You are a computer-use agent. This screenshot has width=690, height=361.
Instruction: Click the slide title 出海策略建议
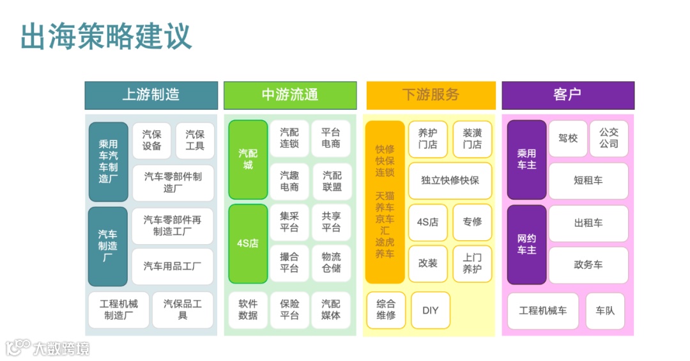pyautogui.click(x=106, y=36)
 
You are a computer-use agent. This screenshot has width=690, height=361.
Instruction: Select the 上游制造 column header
pyautogui.click(x=151, y=95)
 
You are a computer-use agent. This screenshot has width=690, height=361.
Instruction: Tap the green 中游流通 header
pyautogui.click(x=289, y=95)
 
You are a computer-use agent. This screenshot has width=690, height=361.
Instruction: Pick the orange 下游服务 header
pyautogui.click(x=431, y=95)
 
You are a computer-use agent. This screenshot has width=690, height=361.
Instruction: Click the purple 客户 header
pyautogui.click(x=567, y=95)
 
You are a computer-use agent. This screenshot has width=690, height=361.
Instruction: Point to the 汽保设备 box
pyautogui.click(x=151, y=141)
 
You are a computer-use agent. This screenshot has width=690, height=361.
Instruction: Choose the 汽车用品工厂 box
pyautogui.click(x=172, y=266)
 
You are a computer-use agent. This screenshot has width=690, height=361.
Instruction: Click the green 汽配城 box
pyautogui.click(x=248, y=160)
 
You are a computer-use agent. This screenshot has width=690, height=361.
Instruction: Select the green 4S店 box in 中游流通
pyautogui.click(x=248, y=243)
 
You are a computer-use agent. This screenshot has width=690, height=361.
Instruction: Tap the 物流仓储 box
pyautogui.click(x=331, y=263)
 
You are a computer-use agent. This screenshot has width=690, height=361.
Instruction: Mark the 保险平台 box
pyautogui.click(x=289, y=310)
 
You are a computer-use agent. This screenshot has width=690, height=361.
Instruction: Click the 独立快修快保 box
pyautogui.click(x=450, y=180)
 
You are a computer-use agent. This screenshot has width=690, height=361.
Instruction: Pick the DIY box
pyautogui.click(x=431, y=311)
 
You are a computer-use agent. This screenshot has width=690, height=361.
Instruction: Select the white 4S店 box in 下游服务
pyautogui.click(x=427, y=222)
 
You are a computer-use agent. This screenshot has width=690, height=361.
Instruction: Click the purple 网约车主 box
pyautogui.click(x=526, y=244)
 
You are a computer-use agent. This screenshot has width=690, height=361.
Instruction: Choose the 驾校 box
pyautogui.click(x=567, y=138)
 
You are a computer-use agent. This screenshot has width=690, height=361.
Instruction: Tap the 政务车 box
pyautogui.click(x=588, y=265)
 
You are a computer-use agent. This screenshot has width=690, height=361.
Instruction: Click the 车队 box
pyautogui.click(x=605, y=311)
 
